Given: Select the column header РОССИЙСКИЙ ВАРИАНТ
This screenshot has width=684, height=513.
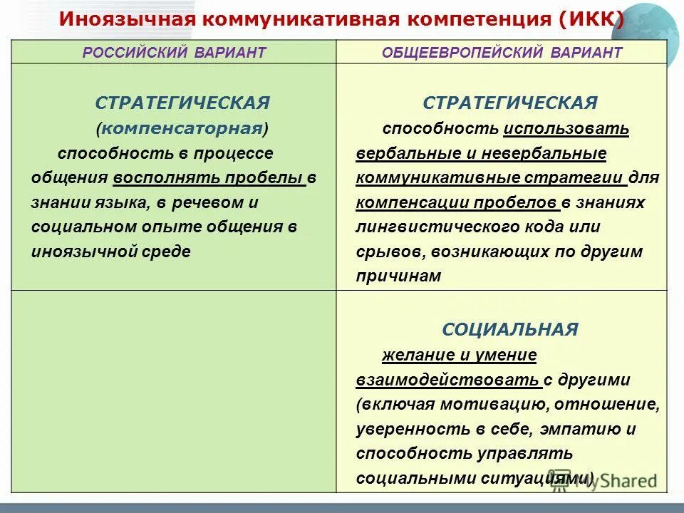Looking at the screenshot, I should [175, 53].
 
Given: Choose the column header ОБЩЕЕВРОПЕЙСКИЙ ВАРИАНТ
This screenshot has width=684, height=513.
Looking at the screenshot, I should [502, 53].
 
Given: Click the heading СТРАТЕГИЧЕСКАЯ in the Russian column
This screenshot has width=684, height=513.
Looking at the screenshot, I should [182, 103].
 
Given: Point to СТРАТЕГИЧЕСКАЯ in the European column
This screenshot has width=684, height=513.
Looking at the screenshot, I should [509, 103].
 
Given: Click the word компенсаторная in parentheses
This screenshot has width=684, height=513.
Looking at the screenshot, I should [182, 128].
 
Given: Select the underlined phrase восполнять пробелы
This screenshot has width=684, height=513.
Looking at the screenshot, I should [207, 178].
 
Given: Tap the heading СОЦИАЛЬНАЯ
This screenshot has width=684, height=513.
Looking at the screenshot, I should [509, 329].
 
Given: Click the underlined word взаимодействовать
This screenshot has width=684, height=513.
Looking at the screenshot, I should [447, 380].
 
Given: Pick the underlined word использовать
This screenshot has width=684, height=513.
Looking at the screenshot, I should [566, 129].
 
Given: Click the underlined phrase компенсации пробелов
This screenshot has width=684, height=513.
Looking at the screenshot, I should [456, 202].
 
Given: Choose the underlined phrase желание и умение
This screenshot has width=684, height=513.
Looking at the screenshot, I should [459, 354].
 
